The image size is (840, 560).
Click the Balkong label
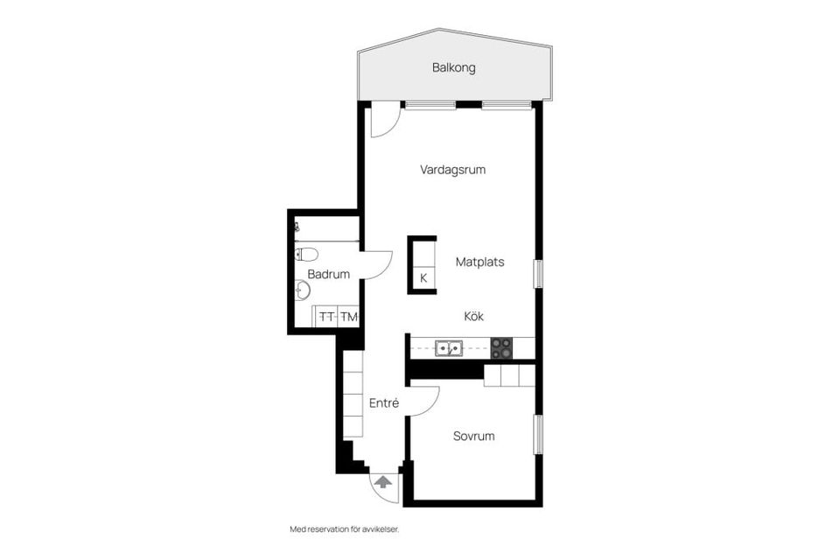453,67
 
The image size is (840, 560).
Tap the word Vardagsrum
452,170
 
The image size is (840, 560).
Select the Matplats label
479,262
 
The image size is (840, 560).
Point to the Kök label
473,317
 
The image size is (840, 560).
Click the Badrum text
328,274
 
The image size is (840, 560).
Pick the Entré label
384,403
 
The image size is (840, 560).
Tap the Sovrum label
473,436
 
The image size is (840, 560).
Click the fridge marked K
423,278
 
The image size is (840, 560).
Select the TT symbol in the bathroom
327,317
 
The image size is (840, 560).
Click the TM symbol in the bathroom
349,317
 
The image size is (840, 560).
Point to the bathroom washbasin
303,290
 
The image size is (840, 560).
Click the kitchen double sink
450,348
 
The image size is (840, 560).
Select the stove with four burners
501,348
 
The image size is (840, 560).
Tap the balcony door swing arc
383,122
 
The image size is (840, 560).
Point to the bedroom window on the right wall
538,434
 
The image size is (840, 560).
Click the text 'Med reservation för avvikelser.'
350,529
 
